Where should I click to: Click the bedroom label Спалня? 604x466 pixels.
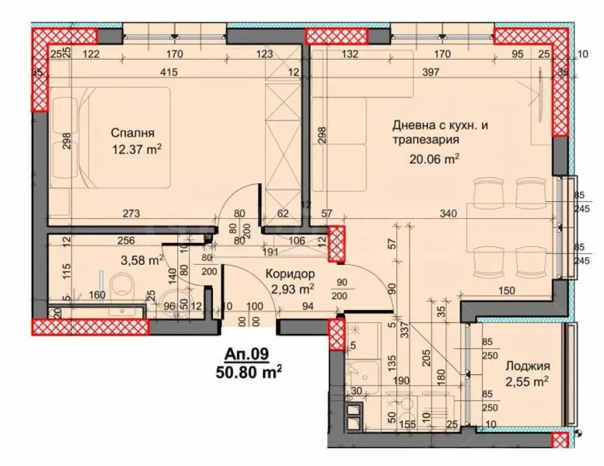click(x=127, y=132)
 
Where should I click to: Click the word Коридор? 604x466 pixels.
click(x=290, y=274)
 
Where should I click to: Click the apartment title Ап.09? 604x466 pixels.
click(x=246, y=354)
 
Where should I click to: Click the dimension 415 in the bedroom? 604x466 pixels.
click(x=169, y=72)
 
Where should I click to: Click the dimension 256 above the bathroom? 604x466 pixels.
click(x=124, y=241)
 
